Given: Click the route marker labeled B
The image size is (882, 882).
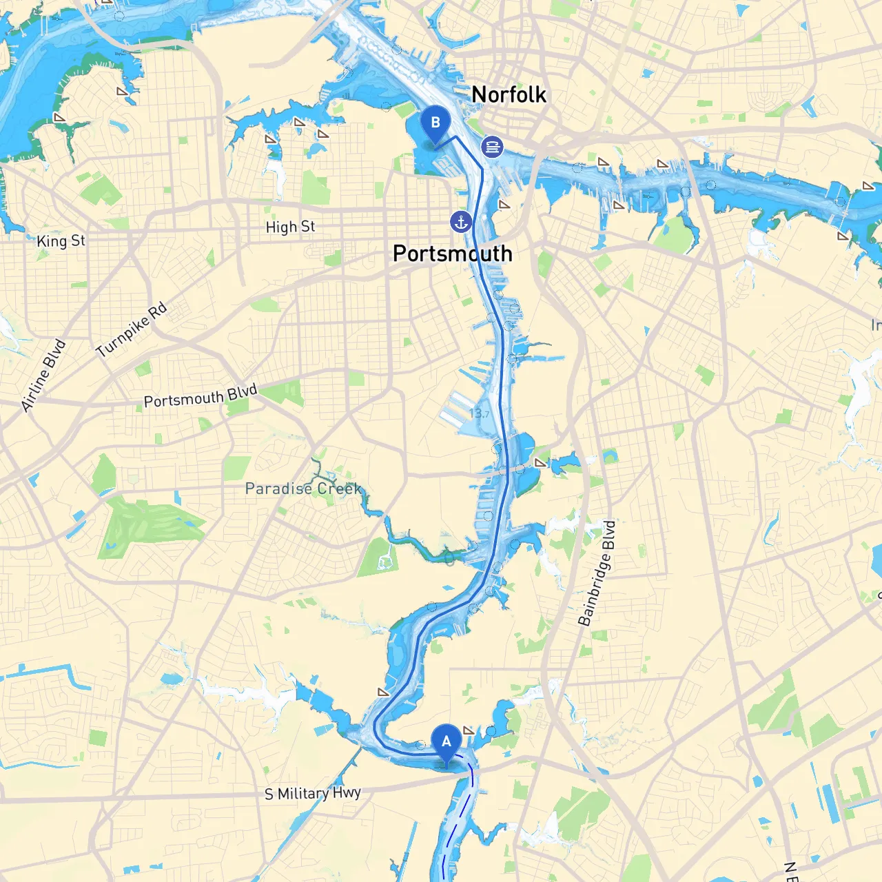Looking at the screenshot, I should tap(435, 123).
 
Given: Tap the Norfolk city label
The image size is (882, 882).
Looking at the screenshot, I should tap(509, 94).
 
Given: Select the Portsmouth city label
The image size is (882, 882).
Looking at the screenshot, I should tap(452, 254).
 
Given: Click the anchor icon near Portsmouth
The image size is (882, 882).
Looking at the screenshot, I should tap(461, 222).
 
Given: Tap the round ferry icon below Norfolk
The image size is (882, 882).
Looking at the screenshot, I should tap(492, 146).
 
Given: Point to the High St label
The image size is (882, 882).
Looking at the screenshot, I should tap(290, 227).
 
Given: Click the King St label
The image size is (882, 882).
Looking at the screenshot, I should tap(61, 240).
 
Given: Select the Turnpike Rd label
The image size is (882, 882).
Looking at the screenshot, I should tap(131, 330).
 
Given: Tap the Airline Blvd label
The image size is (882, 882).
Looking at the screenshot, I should tap(43, 376).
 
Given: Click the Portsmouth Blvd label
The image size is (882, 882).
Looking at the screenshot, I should tap(200, 396).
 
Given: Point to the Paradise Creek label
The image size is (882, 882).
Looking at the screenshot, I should tap(303, 489).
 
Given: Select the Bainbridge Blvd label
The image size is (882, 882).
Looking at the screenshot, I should tap(597, 573).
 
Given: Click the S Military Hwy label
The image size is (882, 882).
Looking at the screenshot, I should tap(312, 793).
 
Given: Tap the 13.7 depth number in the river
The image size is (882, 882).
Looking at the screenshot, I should tap(479, 413).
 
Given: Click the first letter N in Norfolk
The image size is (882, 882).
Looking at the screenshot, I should tap(480, 94).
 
